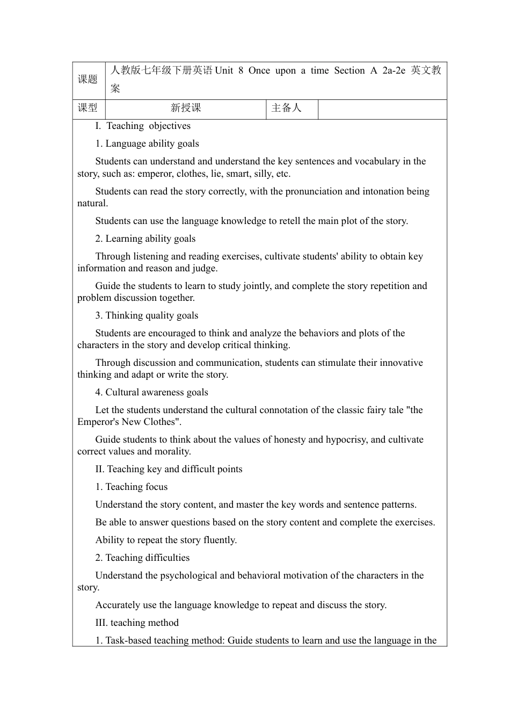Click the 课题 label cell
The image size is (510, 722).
click(x=88, y=80)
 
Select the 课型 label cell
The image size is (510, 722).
click(x=88, y=108)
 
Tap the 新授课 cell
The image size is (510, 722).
click(x=186, y=108)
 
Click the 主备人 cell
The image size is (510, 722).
click(x=287, y=108)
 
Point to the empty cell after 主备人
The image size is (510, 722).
click(x=382, y=109)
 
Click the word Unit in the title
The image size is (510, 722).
click(x=224, y=70)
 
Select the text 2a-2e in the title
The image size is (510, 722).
click(x=394, y=70)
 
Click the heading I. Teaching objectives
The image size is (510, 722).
click(x=143, y=126)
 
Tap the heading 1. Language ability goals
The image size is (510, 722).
click(x=147, y=143)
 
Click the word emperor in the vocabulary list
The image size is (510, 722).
click(x=155, y=174)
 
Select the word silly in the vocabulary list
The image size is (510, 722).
click(x=263, y=174)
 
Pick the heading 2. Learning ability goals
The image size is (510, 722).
click(x=145, y=239)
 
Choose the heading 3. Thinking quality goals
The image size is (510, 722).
click(x=147, y=315)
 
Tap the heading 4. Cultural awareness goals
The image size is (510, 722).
click(x=152, y=392)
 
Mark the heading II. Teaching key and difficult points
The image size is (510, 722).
click(x=169, y=469)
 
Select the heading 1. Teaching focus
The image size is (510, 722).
click(x=132, y=487)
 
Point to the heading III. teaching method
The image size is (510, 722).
click(x=137, y=623)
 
